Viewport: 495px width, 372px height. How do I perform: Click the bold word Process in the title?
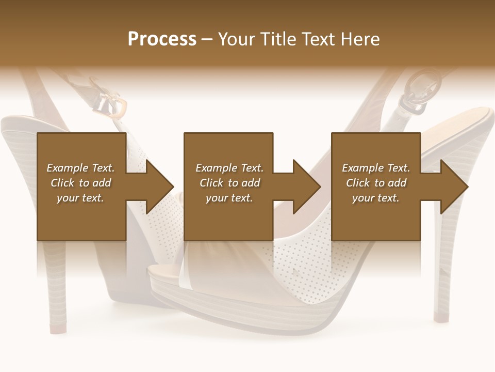(x=162, y=39)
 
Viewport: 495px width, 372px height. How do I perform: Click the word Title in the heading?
(x=279, y=39)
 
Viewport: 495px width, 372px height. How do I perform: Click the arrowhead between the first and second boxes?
(x=160, y=187)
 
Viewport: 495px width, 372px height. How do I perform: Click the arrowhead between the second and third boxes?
(x=307, y=187)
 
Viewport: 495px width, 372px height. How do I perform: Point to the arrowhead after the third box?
(x=454, y=187)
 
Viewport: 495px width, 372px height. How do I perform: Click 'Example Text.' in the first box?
(x=80, y=168)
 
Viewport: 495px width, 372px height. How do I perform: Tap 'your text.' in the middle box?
(x=229, y=198)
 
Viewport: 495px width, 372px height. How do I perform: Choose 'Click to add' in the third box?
(x=376, y=183)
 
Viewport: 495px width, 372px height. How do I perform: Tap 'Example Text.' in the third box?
(x=376, y=168)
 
